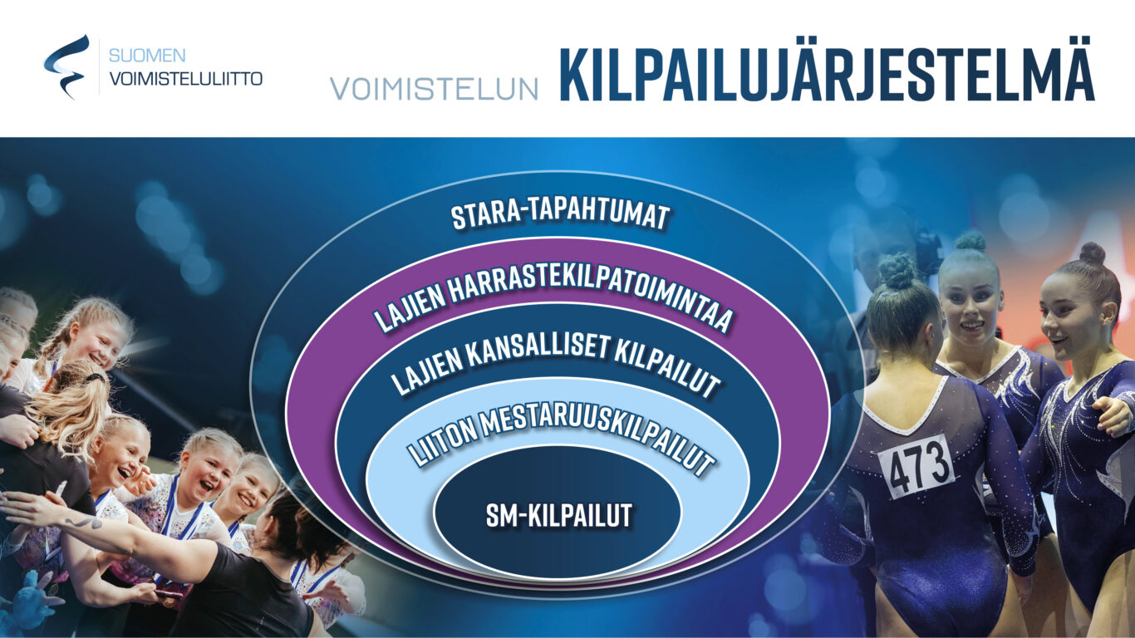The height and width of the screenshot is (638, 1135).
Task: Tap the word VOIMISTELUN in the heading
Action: point(434,89)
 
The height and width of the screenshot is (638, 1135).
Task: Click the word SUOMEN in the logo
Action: point(147,55)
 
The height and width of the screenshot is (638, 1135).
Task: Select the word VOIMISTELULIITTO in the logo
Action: point(186,79)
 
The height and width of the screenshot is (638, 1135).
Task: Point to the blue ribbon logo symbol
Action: point(65,66)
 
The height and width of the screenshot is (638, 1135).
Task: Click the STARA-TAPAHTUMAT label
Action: point(560,216)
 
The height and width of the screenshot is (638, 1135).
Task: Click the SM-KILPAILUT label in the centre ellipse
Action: point(559,515)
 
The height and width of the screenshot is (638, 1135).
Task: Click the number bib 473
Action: point(916,466)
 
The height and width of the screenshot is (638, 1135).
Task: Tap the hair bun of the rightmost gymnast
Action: point(1093,253)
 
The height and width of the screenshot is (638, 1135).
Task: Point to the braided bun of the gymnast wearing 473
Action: point(897,272)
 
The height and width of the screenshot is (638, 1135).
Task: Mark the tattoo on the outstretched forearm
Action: point(83,521)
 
